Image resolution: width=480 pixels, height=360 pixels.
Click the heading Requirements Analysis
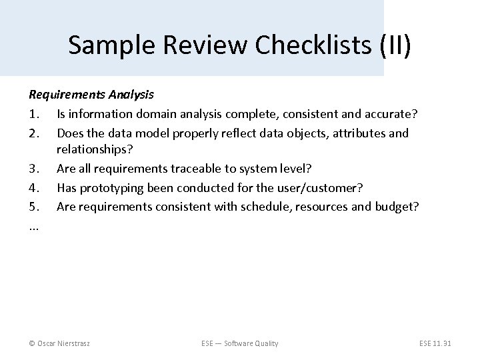coord(91,95)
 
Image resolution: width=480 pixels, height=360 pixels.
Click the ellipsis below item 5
coord(33,225)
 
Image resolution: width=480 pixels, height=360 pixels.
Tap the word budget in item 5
coord(396,207)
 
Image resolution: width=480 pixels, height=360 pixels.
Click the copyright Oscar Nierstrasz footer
coord(59,343)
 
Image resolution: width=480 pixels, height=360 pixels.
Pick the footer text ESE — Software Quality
coord(239,343)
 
